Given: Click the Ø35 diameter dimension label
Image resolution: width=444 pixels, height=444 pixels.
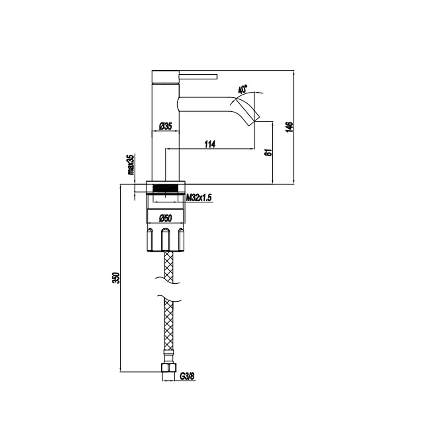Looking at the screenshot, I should coord(165,126).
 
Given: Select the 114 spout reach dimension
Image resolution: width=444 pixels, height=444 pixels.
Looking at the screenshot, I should coord(210,144).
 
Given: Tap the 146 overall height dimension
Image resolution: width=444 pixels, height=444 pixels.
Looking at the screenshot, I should coord(290,126).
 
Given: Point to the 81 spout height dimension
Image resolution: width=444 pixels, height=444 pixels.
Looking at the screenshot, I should coord(269,153).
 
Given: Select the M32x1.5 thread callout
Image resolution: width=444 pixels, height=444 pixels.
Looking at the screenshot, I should coord(199,198).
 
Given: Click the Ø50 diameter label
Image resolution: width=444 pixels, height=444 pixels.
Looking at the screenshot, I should coord(165,218).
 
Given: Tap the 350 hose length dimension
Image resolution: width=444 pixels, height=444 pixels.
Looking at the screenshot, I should coord(117,278).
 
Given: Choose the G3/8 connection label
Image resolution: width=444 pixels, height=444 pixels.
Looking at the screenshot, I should coord(187,376).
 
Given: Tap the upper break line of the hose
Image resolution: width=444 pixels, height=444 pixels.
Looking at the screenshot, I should coord(168,280).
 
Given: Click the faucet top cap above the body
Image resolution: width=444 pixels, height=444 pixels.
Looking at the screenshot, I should coord(165,77).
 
